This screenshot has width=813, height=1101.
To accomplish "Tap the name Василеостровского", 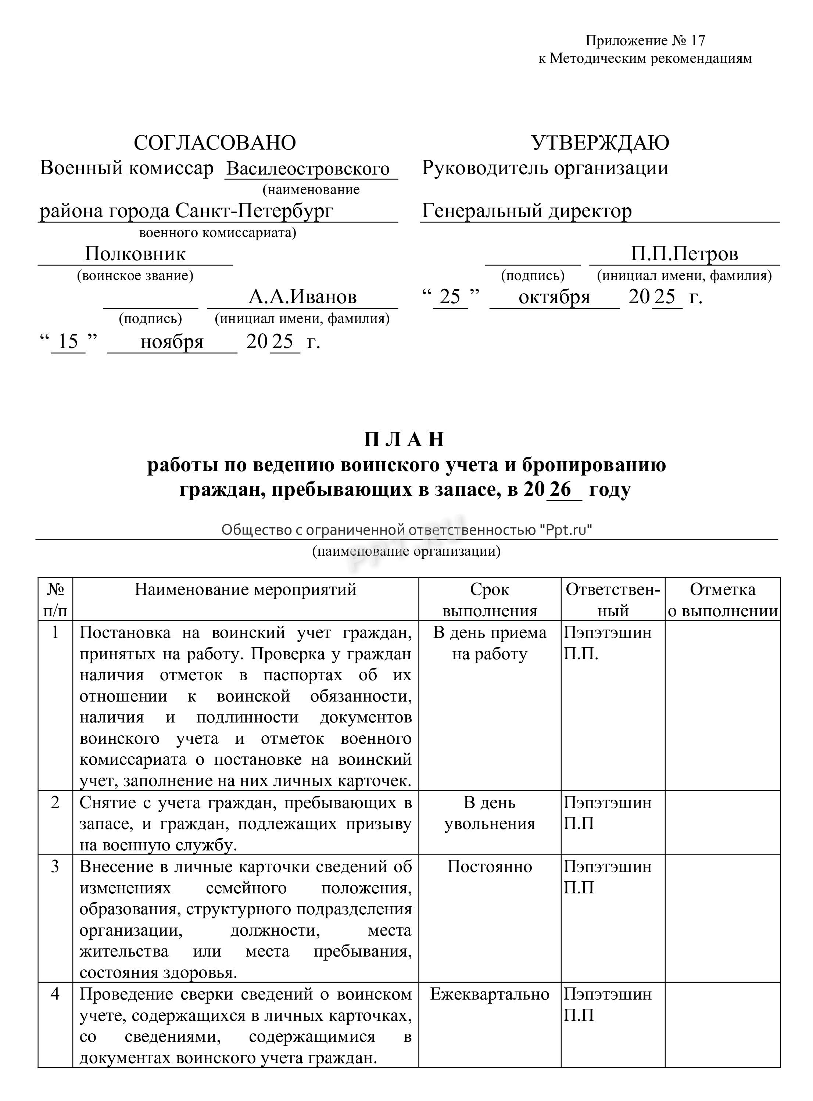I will tap(308, 169).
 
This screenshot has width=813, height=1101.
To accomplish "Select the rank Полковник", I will tap(135, 254).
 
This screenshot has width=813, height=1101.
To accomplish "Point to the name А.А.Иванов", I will tap(302, 297).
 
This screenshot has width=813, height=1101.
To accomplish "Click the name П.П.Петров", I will tap(684, 254).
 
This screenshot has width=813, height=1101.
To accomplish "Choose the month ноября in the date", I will tap(172, 341).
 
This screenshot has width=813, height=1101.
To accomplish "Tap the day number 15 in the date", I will tap(68, 341).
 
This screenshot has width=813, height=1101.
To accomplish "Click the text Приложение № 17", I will tap(645, 41).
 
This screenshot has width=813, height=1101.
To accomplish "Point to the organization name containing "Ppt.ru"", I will tap(406, 530).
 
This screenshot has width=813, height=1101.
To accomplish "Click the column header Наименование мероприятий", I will tap(246, 589).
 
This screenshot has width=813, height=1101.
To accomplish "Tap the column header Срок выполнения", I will tap(490, 600).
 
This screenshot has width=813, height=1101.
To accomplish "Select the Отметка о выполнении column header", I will tap(723, 600).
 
